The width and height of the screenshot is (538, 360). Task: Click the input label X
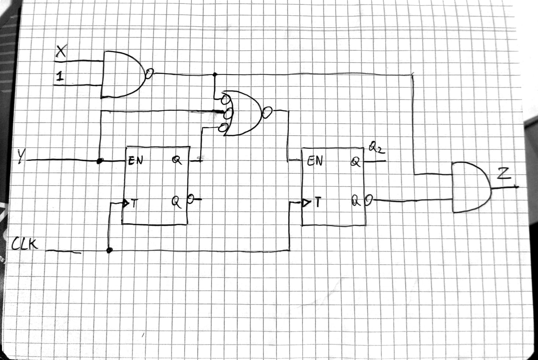[61, 52]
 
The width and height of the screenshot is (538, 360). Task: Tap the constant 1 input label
[59, 77]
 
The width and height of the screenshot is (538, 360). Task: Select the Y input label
[23, 157]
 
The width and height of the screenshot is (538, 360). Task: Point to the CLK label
[25, 243]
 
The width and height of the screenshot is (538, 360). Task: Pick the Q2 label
[376, 149]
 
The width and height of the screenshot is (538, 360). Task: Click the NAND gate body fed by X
[122, 74]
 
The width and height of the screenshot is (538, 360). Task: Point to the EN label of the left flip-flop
[135, 161]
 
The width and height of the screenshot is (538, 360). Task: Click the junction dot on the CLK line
[109, 250]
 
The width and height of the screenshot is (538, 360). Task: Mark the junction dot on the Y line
[99, 161]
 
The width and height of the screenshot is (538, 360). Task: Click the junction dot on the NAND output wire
[215, 75]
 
